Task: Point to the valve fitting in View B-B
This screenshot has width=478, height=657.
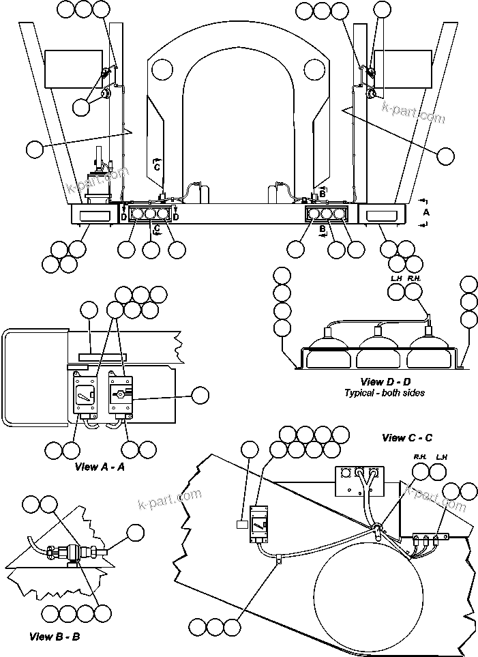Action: pos(70,551)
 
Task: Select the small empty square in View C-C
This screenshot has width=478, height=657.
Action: pos(241,525)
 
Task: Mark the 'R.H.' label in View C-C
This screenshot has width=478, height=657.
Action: pos(420,456)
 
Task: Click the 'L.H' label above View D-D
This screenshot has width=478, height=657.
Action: pos(396,278)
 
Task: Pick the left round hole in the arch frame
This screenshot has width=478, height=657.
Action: pos(162,68)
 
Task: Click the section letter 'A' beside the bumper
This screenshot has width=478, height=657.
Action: pos(427,212)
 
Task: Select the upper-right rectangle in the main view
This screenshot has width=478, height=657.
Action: pos(402,69)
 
